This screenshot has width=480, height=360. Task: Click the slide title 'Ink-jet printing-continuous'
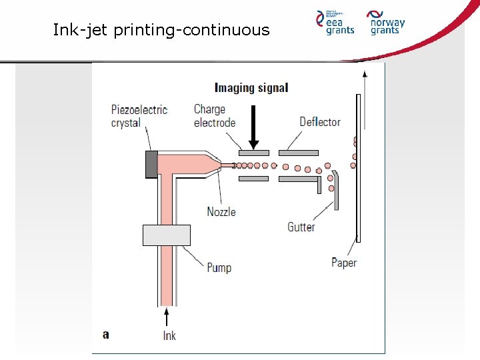point(161,30)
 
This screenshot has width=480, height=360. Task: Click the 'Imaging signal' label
point(251,87)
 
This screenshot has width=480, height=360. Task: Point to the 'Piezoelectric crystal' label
point(139,116)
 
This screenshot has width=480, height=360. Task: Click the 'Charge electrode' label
point(215,115)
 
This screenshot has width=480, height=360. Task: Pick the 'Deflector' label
point(320,122)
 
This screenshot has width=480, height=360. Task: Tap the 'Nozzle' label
point(221,212)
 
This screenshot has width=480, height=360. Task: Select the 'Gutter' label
point(301,227)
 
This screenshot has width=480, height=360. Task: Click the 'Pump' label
point(219,268)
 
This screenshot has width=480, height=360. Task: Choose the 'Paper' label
point(344,263)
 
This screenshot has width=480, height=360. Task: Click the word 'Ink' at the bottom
point(169,335)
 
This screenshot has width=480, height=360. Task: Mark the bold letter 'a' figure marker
point(105,334)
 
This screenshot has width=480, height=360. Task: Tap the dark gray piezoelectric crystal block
point(151,164)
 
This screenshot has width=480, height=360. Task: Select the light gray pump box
point(167,235)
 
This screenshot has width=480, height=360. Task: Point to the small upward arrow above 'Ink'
point(167,315)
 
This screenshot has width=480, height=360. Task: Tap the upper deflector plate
point(298,153)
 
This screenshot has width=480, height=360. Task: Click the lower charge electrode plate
point(253,179)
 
